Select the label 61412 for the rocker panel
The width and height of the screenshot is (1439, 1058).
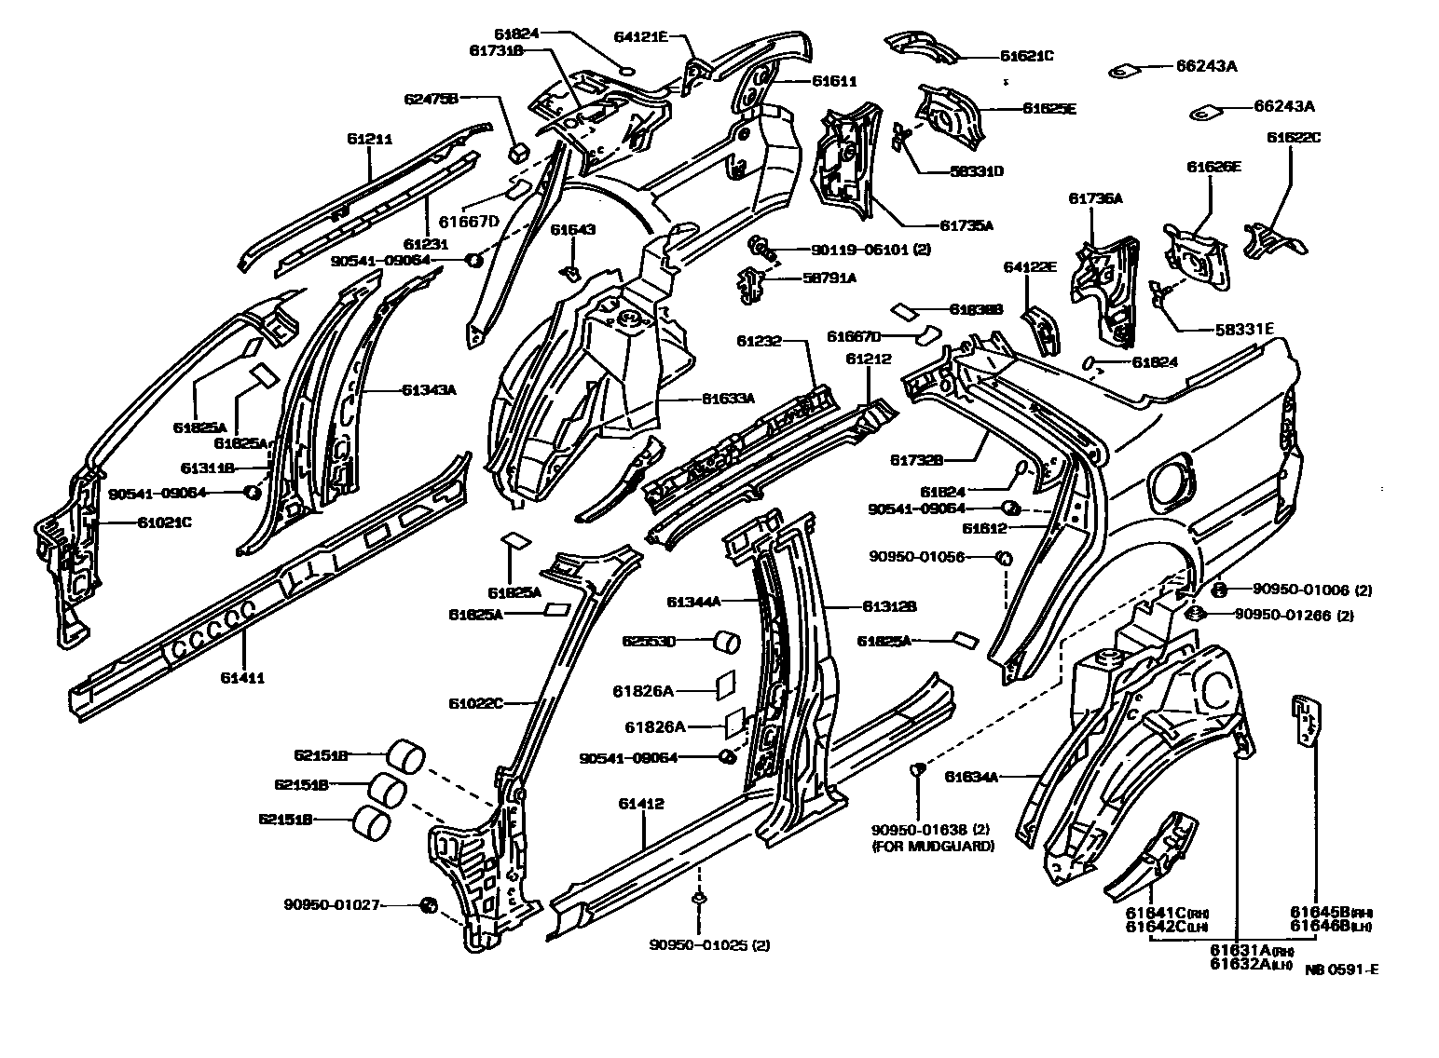641,803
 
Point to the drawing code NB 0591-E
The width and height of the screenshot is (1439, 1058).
1341,970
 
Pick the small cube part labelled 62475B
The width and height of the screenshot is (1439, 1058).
519,150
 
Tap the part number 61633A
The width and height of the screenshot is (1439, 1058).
728,399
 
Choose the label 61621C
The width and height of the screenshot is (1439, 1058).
1027,56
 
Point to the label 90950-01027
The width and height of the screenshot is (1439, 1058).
333,903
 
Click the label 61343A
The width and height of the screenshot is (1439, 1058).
429,390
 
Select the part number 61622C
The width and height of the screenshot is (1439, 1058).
1293,138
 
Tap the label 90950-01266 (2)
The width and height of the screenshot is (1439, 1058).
1294,615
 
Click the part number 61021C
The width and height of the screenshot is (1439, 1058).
165,522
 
